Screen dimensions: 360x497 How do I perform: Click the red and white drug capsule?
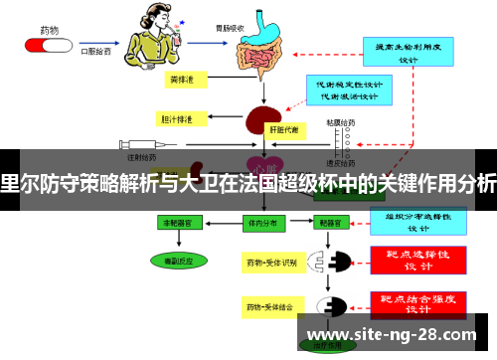coord(45,44)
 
